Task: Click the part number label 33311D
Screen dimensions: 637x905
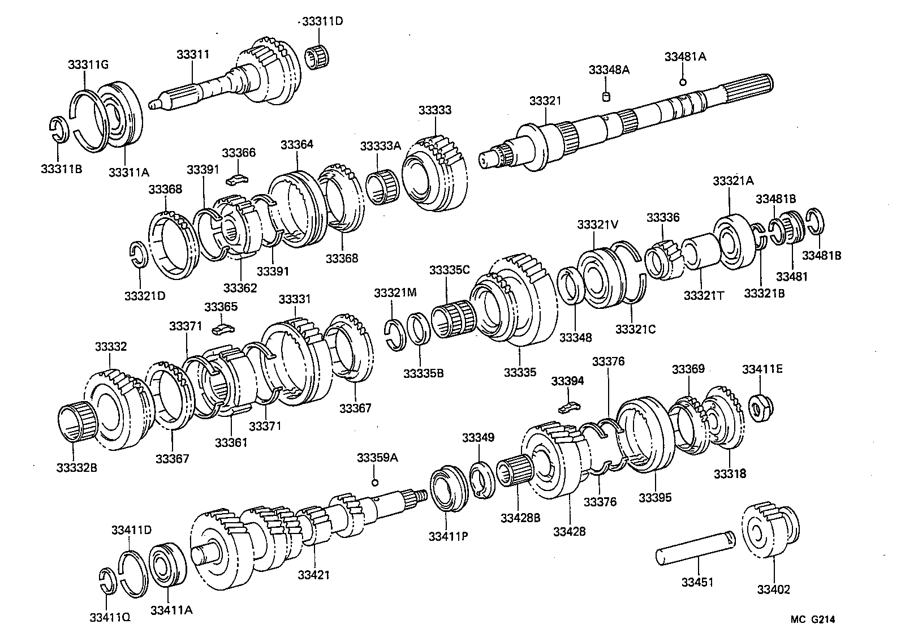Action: click(x=322, y=22)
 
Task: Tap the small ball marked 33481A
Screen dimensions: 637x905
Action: click(x=683, y=83)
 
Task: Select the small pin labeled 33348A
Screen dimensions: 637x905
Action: click(x=606, y=97)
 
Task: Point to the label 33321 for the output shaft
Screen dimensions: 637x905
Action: click(x=545, y=101)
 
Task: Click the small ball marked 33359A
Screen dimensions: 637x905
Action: click(x=374, y=482)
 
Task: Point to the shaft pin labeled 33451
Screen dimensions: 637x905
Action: click(x=696, y=548)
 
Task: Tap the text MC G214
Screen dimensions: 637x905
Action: click(x=812, y=619)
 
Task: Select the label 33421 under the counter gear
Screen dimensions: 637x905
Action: click(x=314, y=575)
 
